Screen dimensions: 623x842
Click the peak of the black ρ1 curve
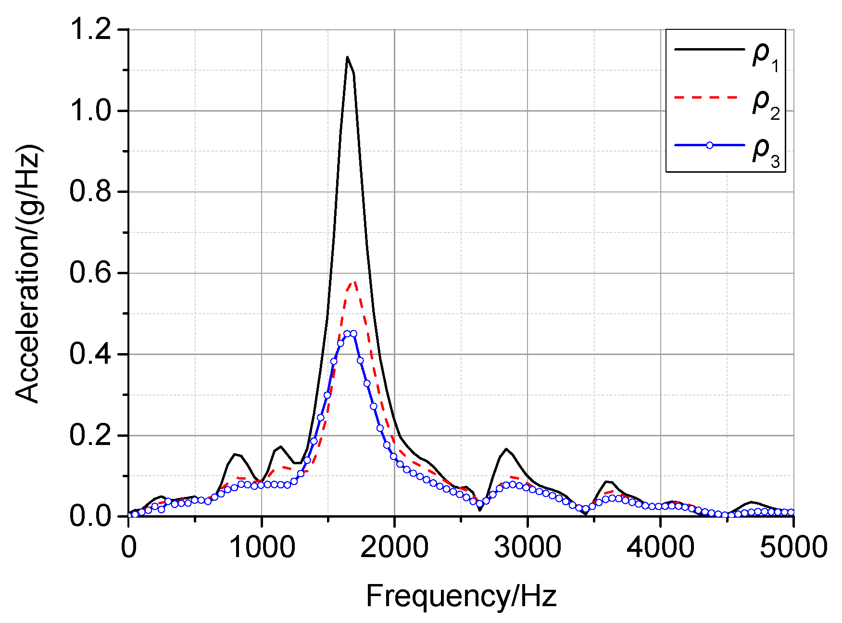(347, 57)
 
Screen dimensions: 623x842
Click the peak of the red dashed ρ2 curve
(353, 282)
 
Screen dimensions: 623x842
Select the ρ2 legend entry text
(765, 104)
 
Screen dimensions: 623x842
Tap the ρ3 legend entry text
(765, 153)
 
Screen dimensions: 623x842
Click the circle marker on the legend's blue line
(709, 145)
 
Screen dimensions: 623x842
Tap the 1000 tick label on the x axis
(261, 547)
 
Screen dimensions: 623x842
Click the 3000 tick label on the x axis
(527, 547)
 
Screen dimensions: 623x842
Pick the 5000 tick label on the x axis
(792, 547)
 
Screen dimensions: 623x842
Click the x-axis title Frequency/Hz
(461, 596)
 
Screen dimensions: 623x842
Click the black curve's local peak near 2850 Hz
(506, 449)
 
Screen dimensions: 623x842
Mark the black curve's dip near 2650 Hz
(480, 510)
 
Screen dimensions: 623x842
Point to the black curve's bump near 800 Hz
(235, 454)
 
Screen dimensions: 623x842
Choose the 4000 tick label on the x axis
(660, 547)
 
